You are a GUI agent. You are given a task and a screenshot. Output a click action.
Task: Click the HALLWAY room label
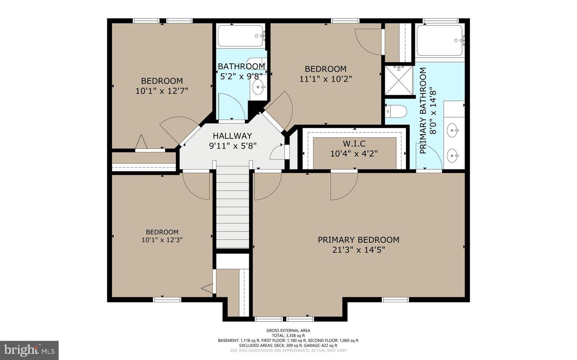(x=232, y=136)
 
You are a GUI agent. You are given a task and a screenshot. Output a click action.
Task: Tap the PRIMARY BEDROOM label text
(x=359, y=240)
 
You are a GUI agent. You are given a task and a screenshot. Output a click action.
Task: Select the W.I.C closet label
(x=354, y=143)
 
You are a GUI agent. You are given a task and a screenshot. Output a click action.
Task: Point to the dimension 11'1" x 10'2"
(x=326, y=79)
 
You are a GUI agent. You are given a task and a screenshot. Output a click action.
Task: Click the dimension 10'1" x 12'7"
(x=162, y=91)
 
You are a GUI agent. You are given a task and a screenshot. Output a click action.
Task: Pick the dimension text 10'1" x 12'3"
(x=162, y=240)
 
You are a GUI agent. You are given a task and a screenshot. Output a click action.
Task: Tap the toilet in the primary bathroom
(x=397, y=111)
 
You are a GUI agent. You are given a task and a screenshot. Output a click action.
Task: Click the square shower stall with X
(x=399, y=80)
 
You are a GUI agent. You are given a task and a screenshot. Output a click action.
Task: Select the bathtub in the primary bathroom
(x=440, y=40)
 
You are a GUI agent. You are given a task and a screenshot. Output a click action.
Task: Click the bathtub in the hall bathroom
(x=240, y=36)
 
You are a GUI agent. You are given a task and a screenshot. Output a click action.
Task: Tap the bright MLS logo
(x=29, y=350)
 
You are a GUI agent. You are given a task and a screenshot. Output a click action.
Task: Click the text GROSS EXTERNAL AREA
(x=288, y=330)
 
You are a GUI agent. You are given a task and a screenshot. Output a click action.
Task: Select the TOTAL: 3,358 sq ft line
(x=288, y=336)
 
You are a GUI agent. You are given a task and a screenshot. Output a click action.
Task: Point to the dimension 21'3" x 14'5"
(x=359, y=250)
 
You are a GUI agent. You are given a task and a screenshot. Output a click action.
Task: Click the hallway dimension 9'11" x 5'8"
(x=232, y=146)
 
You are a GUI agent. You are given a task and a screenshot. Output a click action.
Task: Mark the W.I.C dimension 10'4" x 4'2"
(x=354, y=154)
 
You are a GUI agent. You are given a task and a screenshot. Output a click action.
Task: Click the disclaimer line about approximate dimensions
(x=288, y=350)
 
